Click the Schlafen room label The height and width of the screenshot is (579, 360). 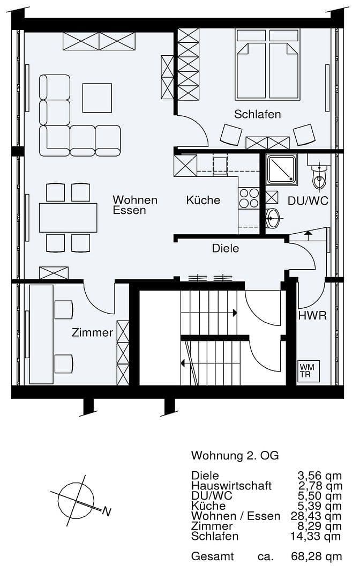(x=257, y=114)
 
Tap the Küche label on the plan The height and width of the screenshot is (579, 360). (x=203, y=200)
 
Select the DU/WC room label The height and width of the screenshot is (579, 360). (x=308, y=201)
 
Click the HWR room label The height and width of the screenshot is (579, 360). (x=312, y=316)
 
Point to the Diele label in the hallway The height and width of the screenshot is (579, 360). (x=225, y=248)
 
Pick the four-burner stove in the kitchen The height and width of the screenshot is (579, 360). (x=249, y=198)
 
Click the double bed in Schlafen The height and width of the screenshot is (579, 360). (x=267, y=64)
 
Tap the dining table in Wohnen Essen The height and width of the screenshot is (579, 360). (x=68, y=217)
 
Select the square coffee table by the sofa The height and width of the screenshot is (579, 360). (x=97, y=98)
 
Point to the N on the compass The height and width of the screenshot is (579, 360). (x=107, y=512)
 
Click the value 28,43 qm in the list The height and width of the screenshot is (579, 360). (x=319, y=516)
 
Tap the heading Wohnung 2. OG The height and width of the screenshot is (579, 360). (x=235, y=456)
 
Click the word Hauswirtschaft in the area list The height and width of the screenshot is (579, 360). (x=231, y=486)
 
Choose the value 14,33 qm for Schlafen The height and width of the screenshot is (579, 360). (x=319, y=536)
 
